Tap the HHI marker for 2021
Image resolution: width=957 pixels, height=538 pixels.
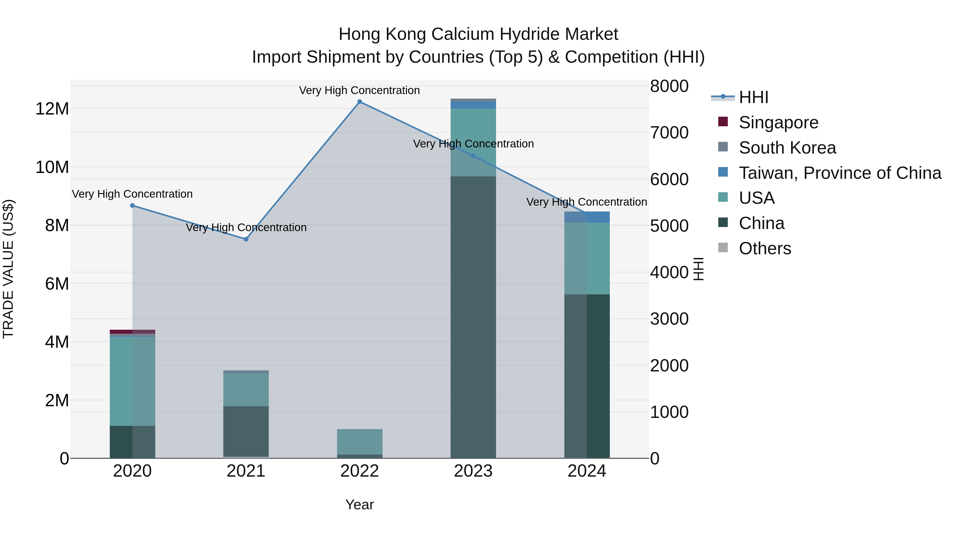coord(246,239)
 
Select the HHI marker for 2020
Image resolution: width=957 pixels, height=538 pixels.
coord(132,205)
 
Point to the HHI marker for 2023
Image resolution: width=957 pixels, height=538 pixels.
coord(473,156)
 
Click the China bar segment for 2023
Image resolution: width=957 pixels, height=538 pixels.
coord(473,316)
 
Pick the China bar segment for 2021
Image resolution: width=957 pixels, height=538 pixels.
coord(246,431)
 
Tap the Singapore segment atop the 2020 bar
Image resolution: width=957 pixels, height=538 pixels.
coord(132,332)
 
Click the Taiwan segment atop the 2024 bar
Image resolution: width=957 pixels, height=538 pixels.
coord(587,217)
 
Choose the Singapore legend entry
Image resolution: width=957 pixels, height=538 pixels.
coord(778,122)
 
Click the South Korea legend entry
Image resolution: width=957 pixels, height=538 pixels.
coord(787,148)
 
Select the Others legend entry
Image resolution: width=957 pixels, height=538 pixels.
coord(765,248)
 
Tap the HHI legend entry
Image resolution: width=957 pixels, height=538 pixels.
coord(753,97)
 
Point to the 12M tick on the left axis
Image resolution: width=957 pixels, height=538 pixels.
coord(52,109)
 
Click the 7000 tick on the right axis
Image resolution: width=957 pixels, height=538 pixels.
coord(669,133)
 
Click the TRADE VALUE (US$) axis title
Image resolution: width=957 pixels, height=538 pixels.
coord(8,269)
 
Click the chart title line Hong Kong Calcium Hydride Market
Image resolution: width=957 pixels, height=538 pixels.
coord(478,34)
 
